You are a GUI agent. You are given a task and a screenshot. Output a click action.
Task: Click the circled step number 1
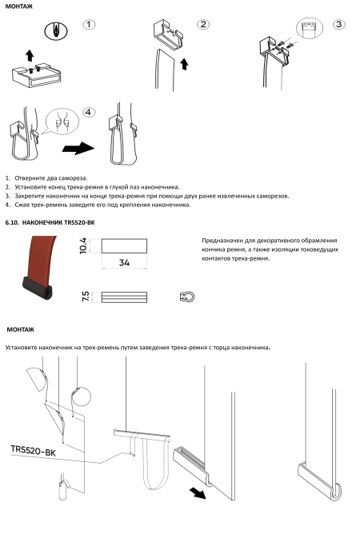pyautogui.click(x=89, y=25)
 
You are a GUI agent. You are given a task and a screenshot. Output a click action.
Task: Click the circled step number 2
pyautogui.click(x=203, y=25)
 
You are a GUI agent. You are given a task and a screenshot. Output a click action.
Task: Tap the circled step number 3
pyautogui.click(x=338, y=25)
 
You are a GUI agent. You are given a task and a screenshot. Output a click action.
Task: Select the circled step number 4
pyautogui.click(x=89, y=113)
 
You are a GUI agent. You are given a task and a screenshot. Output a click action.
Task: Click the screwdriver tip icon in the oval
pyautogui.click(x=56, y=31)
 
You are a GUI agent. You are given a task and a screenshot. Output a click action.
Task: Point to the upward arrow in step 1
pyautogui.click(x=30, y=55)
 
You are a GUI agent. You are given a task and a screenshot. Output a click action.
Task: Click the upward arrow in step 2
pyautogui.click(x=185, y=64)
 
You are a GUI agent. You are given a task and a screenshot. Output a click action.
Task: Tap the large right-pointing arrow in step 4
pyautogui.click(x=78, y=148)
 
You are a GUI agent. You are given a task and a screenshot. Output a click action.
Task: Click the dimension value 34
pyautogui.click(x=124, y=262)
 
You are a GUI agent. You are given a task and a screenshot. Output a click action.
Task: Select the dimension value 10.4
pyautogui.click(x=83, y=245)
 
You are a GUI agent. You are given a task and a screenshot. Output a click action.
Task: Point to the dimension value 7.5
pyautogui.click(x=86, y=296)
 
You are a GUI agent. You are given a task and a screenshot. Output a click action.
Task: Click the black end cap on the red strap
pyautogui.click(x=38, y=288)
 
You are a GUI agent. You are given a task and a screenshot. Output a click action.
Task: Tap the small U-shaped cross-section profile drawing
pyautogui.click(x=187, y=297)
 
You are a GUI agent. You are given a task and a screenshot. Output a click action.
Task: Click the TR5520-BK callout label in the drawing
pyautogui.click(x=33, y=450)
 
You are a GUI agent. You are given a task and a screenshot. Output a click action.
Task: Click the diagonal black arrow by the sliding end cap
pyautogui.click(x=198, y=492)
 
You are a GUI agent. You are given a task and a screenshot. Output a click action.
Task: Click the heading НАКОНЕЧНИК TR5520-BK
pyautogui.click(x=58, y=223)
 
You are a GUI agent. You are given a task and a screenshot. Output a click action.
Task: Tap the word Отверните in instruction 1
pyautogui.click(x=28, y=178)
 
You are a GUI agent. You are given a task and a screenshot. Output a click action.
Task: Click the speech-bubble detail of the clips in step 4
pyautogui.click(x=62, y=122)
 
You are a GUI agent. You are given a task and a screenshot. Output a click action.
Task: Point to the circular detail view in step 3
pyautogui.click(x=310, y=28)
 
